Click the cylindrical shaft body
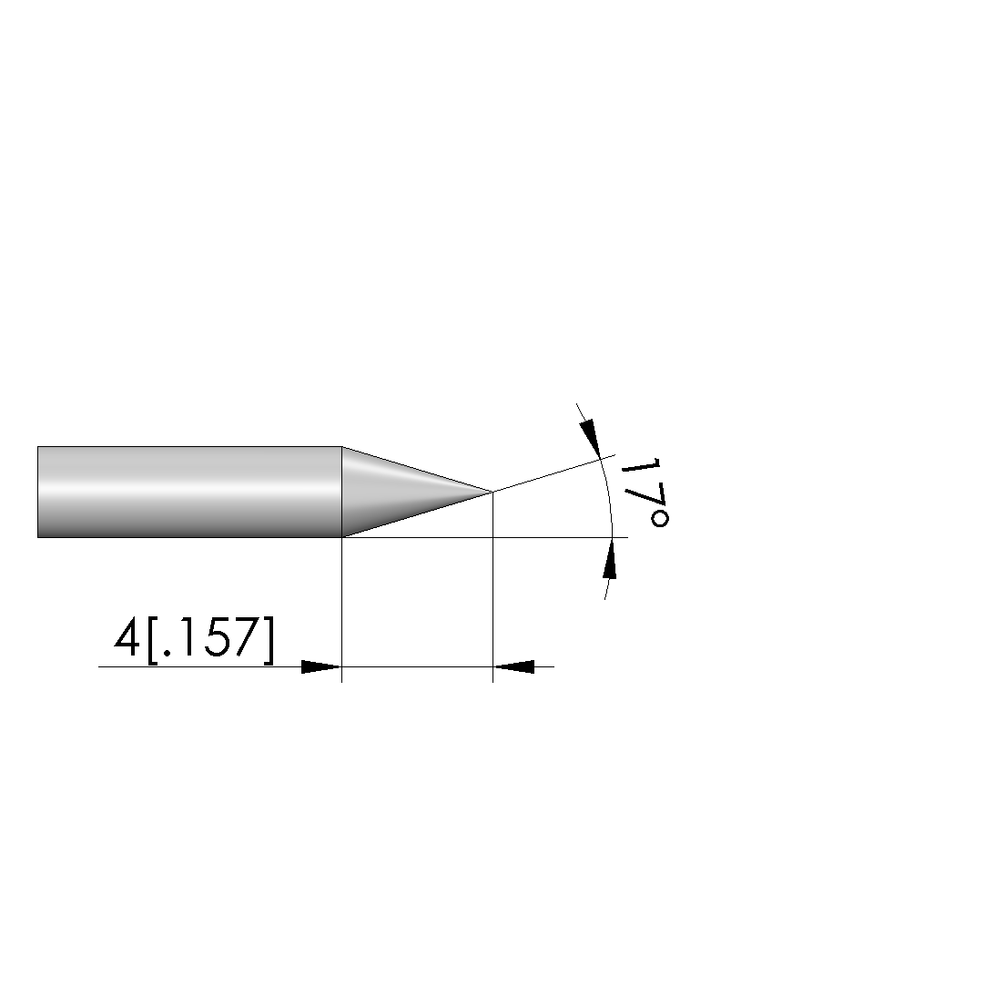pyautogui.click(x=189, y=493)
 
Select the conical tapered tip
pyautogui.click(x=402, y=492)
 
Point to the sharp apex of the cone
pyautogui.click(x=492, y=491)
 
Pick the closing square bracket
pyautogui.click(x=269, y=639)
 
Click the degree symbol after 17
pyautogui.click(x=659, y=519)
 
